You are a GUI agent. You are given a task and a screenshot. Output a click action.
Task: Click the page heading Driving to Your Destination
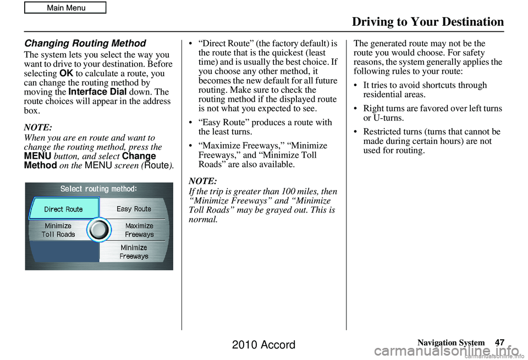point(427,22)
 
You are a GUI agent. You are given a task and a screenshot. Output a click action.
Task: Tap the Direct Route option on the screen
point(63,209)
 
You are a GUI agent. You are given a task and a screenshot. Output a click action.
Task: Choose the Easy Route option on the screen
point(134,209)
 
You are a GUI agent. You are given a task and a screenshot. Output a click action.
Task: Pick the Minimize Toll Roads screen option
point(58,230)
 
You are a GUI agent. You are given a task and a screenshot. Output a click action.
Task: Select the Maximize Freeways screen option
point(139,230)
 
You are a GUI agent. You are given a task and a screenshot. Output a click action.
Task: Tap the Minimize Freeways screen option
point(134,252)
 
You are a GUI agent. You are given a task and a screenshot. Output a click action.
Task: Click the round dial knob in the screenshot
point(99,229)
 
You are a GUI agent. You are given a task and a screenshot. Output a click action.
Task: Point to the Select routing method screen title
point(98,189)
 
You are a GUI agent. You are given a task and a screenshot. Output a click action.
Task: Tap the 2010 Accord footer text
point(263,345)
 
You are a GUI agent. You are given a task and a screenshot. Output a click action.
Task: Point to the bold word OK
point(66,74)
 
